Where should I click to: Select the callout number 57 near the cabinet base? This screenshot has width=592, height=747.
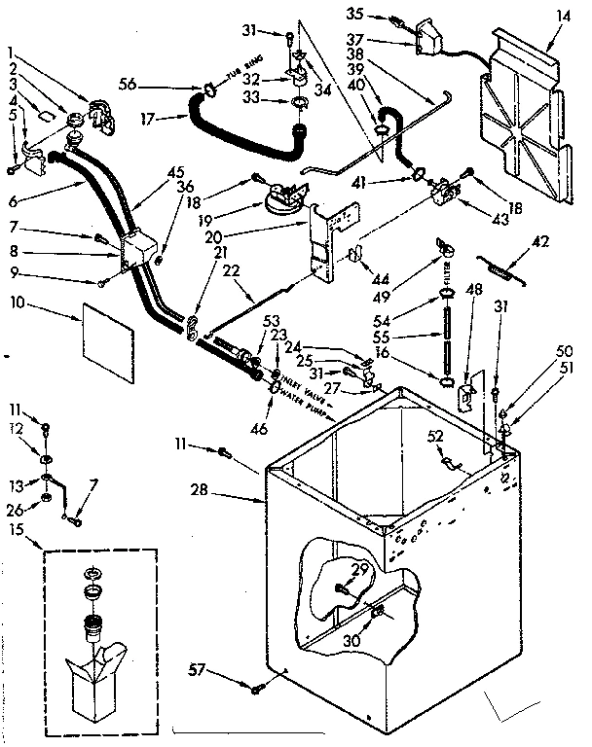pos(197,669)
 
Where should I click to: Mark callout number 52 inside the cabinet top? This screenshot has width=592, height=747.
pos(433,438)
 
